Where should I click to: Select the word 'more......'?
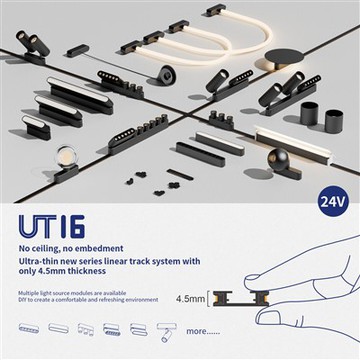203,330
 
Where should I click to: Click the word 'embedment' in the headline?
103,247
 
